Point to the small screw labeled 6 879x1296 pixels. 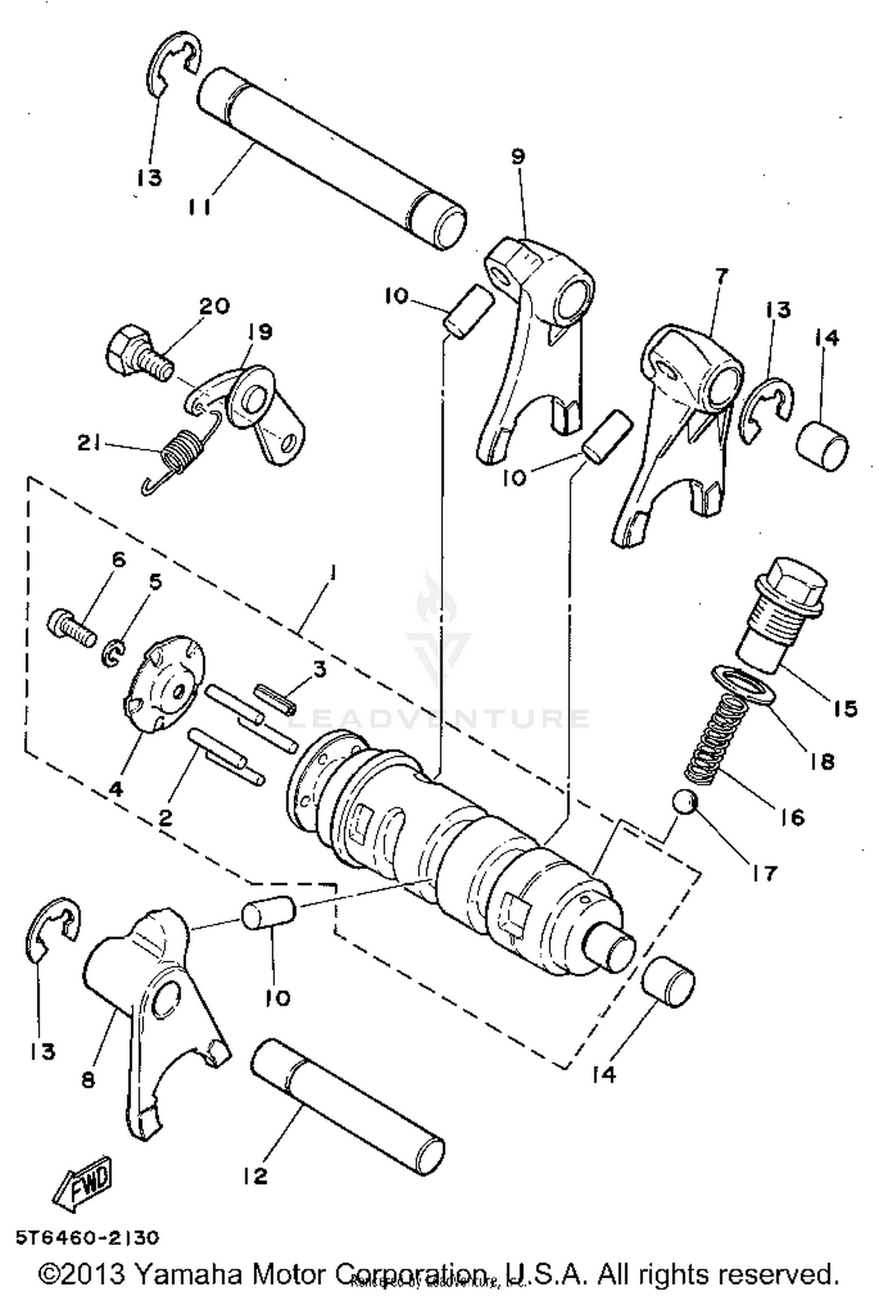[x=70, y=628]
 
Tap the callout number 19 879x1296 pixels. [x=260, y=332]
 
